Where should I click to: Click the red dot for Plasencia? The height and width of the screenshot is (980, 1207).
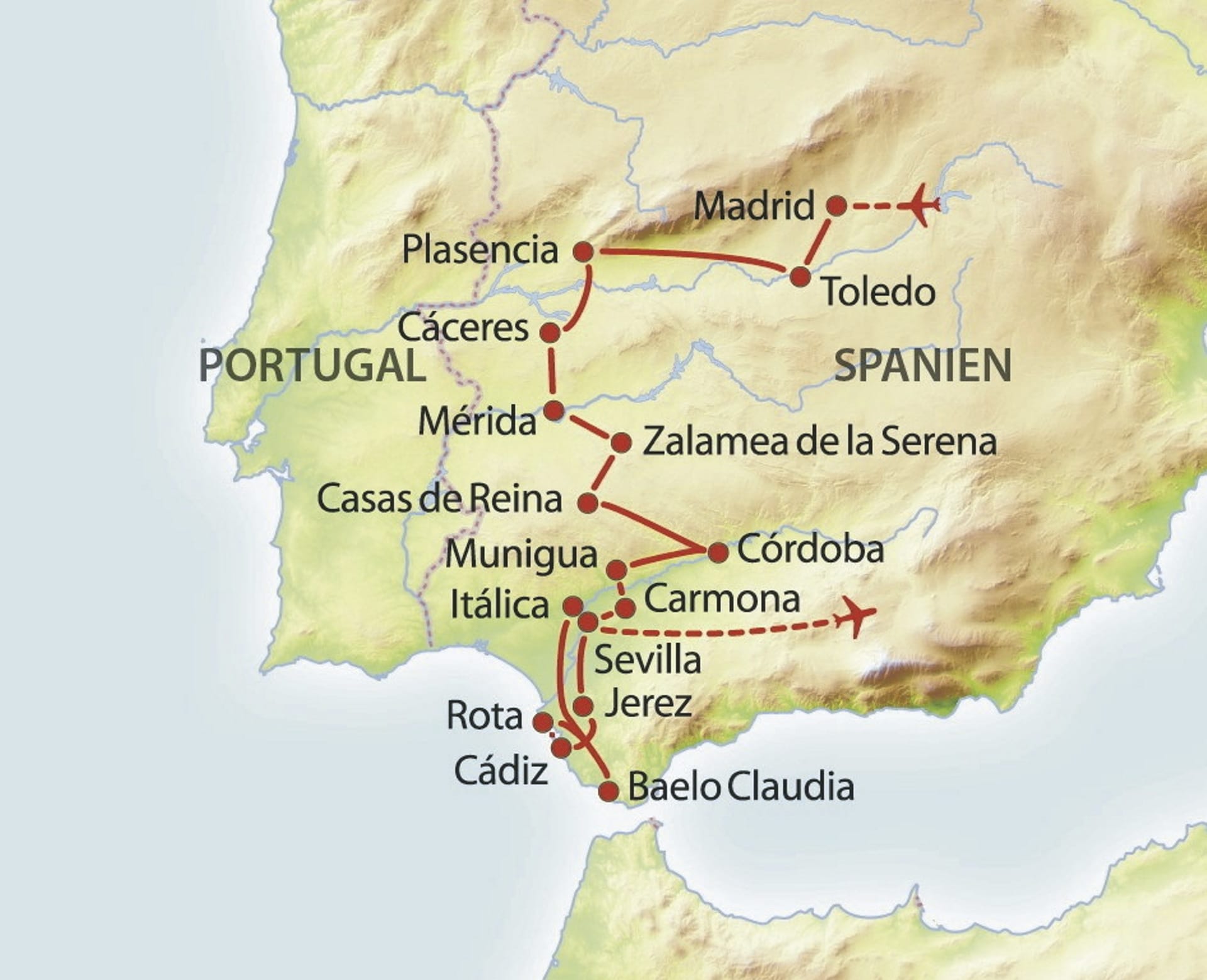pos(584,252)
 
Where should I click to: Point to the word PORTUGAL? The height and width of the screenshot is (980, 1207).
pos(312,365)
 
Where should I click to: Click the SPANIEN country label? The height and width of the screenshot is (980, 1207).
pos(922,365)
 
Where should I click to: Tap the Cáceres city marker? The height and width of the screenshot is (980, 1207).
pos(550,333)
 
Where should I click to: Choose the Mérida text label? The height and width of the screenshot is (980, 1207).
pos(477,421)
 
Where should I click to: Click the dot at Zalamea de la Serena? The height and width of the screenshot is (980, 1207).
pos(621,443)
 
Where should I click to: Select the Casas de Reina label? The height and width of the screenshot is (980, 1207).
pos(439,499)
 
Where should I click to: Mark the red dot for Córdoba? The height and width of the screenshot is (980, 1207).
pos(718,553)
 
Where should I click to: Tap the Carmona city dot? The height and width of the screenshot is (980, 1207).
pos(625,608)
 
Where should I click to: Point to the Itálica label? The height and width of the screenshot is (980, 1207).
pos(500,605)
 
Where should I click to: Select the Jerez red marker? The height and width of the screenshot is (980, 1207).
pos(583,706)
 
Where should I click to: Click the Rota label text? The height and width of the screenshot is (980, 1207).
pos(484,716)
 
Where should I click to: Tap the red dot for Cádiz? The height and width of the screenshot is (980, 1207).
pos(561,747)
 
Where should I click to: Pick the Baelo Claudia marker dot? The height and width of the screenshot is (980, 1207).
pos(608,791)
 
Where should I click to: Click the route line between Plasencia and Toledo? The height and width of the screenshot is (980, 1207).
pos(692,256)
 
